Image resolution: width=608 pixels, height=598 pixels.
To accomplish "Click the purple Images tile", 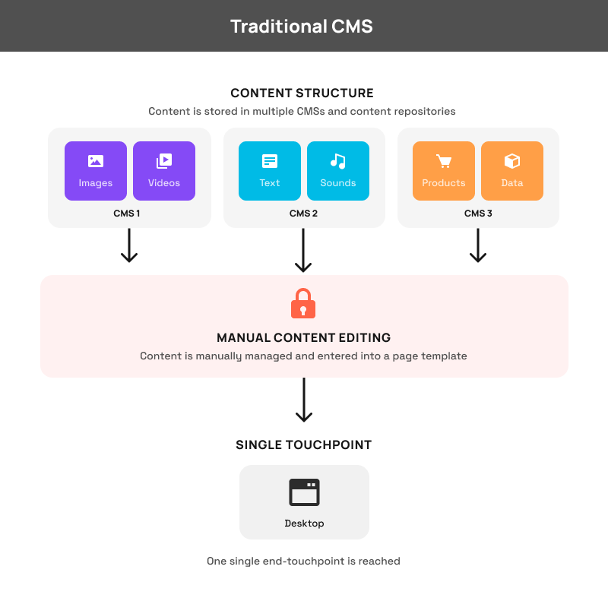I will (x=96, y=171).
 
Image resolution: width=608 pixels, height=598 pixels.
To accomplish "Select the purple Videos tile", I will (x=164, y=171).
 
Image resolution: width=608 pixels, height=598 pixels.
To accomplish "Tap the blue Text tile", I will (x=270, y=171).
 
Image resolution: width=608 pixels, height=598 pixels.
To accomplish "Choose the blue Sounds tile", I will (x=338, y=171).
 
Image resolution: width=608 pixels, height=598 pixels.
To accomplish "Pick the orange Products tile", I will (x=444, y=171).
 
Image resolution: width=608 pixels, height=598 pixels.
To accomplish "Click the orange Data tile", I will (x=512, y=171).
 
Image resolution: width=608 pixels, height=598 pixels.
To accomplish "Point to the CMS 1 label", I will (x=127, y=214).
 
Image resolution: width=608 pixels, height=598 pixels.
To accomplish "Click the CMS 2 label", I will (x=303, y=214).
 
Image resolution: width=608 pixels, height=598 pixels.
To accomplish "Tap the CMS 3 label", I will (x=478, y=214).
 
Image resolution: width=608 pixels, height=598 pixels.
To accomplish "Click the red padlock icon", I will (x=303, y=303).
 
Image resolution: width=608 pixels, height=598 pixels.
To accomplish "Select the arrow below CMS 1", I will (x=129, y=245).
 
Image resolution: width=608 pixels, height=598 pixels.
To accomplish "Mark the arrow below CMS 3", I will (x=478, y=245).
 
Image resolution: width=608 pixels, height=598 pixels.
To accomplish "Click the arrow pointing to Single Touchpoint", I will (x=304, y=400).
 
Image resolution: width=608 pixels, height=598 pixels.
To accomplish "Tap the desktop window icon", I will (x=304, y=492).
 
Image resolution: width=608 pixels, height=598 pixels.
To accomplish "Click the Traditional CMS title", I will (x=302, y=27).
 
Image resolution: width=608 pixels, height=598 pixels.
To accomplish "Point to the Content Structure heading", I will (x=302, y=93).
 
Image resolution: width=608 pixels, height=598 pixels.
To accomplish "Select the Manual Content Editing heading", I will (x=303, y=337).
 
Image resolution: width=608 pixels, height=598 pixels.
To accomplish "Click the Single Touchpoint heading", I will (x=303, y=445).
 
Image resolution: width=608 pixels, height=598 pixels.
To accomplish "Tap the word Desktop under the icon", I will (x=304, y=524).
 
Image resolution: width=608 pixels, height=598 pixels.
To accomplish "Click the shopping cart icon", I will (x=444, y=161).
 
